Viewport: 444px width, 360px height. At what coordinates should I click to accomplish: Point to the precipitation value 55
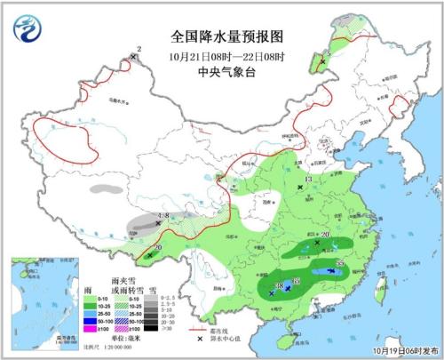[341, 263]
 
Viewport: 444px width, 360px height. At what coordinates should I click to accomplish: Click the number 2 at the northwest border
[139, 50]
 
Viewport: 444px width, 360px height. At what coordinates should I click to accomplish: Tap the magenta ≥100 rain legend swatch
[90, 330]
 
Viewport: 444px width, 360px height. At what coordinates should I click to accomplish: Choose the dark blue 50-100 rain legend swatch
[90, 322]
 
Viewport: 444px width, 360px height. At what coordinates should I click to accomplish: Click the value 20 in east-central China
[324, 235]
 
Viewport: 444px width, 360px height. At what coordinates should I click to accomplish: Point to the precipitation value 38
[280, 286]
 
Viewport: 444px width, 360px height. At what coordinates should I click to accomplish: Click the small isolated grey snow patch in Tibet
[107, 189]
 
